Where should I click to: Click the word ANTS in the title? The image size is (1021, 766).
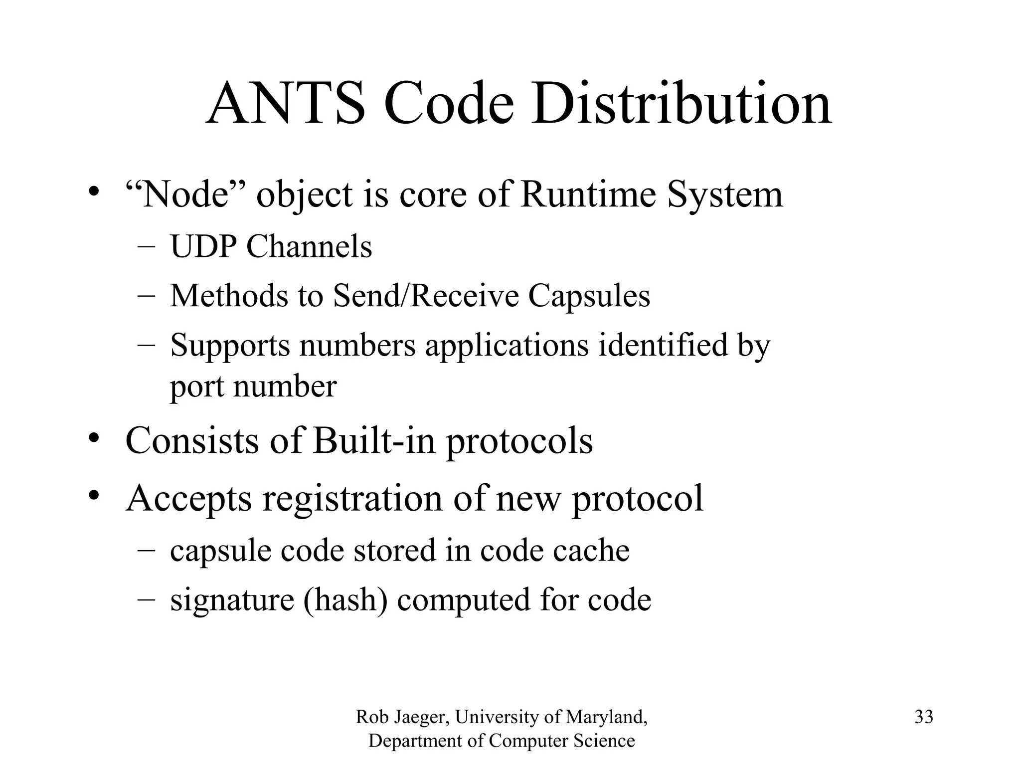[x=286, y=105]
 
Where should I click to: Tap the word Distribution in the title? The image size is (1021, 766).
[x=681, y=105]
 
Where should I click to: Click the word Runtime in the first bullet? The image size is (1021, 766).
[x=589, y=194]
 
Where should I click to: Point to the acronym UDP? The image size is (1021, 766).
[x=204, y=246]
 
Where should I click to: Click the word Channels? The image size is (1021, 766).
[x=309, y=246]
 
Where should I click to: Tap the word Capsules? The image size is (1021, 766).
[x=589, y=296]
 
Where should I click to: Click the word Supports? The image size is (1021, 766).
[x=230, y=345]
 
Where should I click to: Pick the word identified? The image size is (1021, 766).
[x=663, y=345]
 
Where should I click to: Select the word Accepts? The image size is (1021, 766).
[x=189, y=498]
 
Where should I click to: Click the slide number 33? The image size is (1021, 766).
[x=924, y=717]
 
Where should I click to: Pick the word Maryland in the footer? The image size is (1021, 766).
[x=606, y=718]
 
